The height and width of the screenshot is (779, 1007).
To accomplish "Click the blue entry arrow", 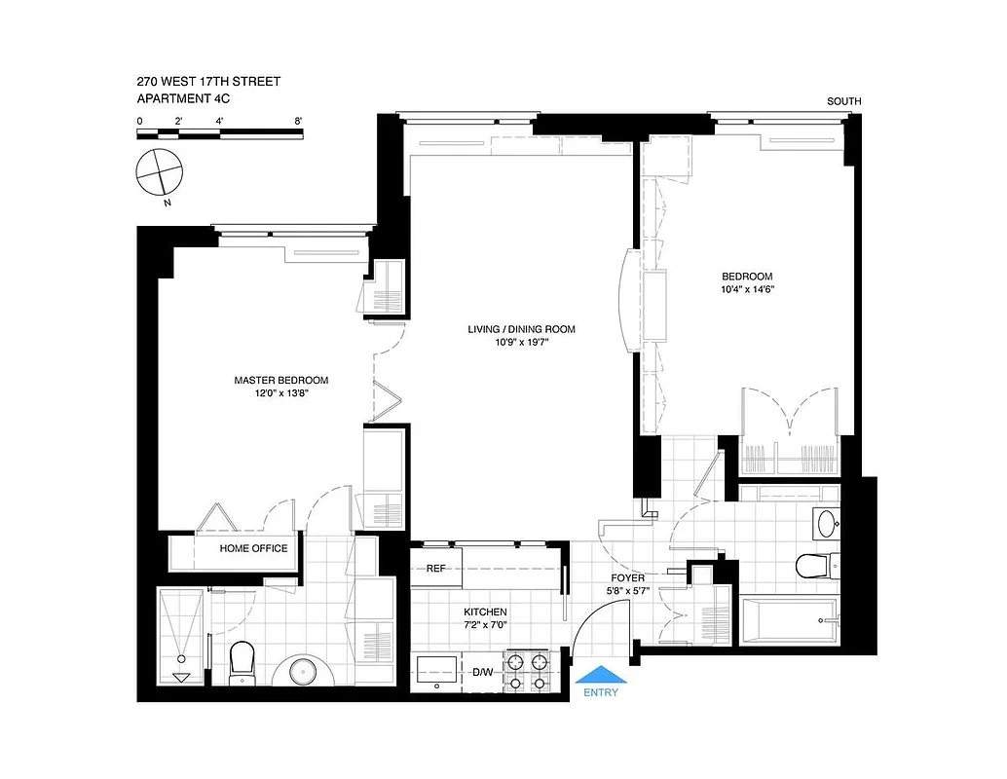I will coord(601,675).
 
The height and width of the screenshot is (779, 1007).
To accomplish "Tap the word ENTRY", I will coord(601,693).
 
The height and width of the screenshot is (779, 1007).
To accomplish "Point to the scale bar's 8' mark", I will coord(298,121).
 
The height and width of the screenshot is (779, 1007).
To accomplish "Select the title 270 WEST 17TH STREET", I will coord(208,82).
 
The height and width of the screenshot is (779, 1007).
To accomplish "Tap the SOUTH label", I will coord(843,101).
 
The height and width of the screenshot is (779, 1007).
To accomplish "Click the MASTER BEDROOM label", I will coord(280,380).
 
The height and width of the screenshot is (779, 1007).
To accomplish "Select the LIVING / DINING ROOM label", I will coord(521,329).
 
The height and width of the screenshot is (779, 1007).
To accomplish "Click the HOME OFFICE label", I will coord(253,548).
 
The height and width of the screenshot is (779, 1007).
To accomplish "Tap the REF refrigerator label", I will coord(434,569).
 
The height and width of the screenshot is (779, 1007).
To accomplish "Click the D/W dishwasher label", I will coord(483,672).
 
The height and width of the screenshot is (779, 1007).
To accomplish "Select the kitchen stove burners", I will coord(526,672).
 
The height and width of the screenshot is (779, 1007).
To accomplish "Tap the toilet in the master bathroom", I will coord(241,662).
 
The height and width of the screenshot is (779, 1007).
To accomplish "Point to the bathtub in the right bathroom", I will coord(788,620).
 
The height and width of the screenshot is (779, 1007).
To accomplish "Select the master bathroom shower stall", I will coord(181,634).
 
